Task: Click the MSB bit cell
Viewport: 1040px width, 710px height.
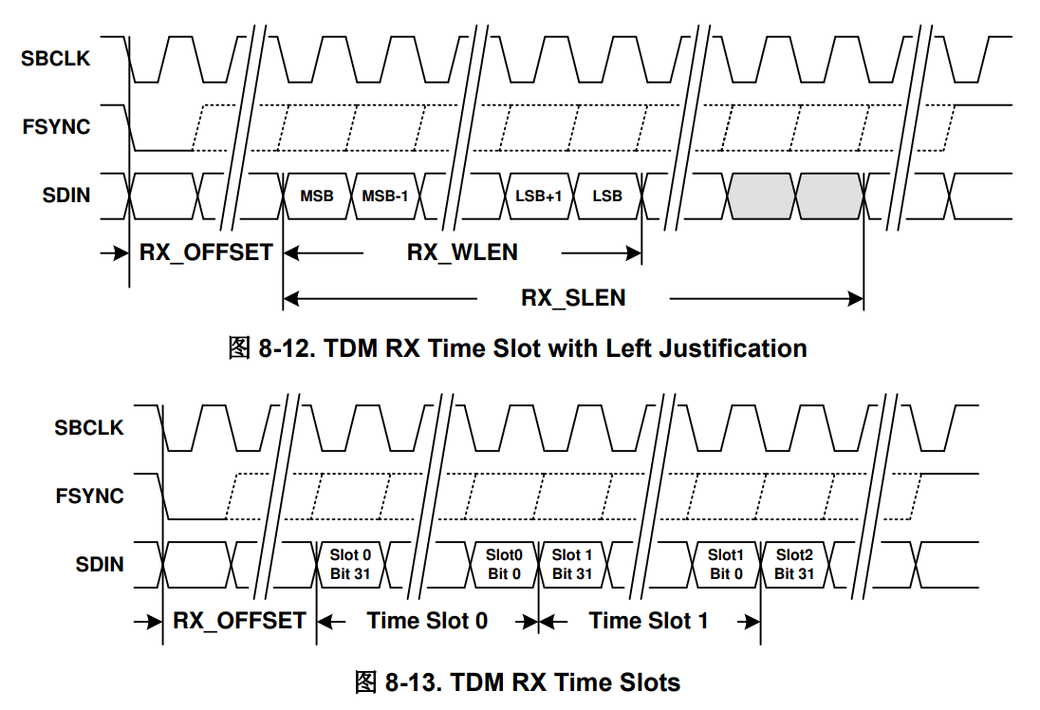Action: point(316,196)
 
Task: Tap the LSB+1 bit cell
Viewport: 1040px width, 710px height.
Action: point(538,196)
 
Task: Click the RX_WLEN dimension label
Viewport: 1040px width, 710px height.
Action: point(462,252)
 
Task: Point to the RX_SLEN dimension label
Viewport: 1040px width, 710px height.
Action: point(573,298)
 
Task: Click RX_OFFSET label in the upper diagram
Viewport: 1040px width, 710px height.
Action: point(206,252)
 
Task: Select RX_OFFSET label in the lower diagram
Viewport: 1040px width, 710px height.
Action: point(239,621)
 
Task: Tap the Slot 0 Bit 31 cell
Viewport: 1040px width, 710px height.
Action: point(350,564)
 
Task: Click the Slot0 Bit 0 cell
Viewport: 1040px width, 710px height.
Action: point(504,564)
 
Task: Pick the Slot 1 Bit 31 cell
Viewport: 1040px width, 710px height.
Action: point(572,564)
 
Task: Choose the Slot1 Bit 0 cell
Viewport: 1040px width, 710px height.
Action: point(726,564)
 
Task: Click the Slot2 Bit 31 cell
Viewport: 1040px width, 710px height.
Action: point(794,564)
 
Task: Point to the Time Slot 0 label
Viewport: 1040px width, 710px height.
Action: point(427,621)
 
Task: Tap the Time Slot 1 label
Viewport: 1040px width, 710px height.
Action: point(648,621)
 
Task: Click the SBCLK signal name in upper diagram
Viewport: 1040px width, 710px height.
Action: point(56,59)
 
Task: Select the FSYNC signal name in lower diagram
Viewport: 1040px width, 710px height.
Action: point(89,495)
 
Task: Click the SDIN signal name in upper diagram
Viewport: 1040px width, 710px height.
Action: point(66,196)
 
